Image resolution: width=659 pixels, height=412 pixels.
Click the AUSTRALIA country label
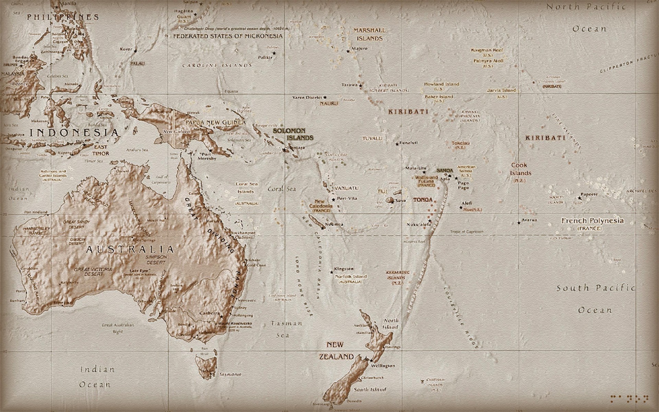point(130,249)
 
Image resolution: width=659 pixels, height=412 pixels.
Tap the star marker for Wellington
point(371,360)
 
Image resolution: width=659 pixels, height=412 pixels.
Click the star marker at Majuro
point(348,51)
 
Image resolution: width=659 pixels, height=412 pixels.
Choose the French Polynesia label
point(592,221)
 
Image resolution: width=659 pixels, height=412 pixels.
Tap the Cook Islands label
point(520,169)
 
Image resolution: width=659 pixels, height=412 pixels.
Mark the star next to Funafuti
point(397,144)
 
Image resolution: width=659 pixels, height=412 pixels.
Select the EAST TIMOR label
point(101,150)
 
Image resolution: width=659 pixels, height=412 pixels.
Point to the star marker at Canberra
point(221,316)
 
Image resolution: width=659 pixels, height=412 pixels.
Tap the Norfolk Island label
point(351,276)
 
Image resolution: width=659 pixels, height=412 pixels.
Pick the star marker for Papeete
point(580,198)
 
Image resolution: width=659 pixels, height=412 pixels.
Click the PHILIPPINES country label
point(63,17)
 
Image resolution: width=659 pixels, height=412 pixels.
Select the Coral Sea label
point(281,189)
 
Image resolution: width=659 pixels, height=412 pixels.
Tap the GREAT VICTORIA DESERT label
point(93,272)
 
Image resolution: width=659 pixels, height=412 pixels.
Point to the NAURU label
point(329,103)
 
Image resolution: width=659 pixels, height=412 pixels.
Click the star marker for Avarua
point(519,223)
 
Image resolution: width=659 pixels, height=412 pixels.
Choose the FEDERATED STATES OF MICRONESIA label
point(228,36)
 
